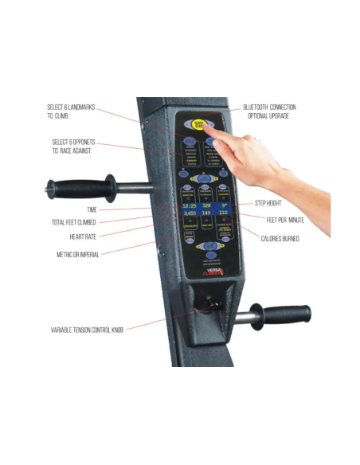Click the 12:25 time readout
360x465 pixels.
coord(188,205)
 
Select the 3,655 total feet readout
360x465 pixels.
coord(188,213)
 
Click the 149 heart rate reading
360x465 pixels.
coord(205,213)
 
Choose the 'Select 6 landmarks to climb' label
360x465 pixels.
coord(72,111)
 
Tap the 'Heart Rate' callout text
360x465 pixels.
coord(83,236)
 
